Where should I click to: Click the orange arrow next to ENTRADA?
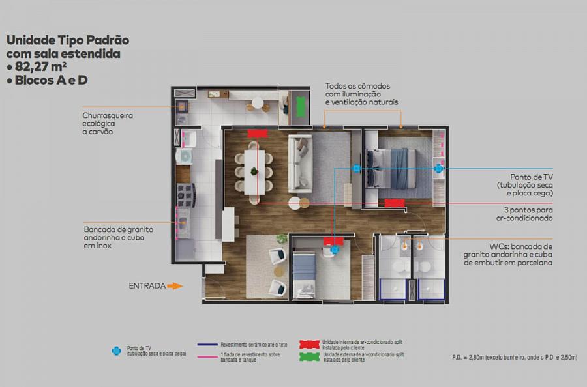pyautogui.click(x=174, y=286)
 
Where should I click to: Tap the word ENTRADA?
pyautogui.click(x=147, y=286)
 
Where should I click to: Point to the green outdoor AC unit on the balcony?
pyautogui.click(x=301, y=107)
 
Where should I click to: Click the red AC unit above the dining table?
pyautogui.click(x=258, y=134)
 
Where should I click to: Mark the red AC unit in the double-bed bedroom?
pyautogui.click(x=395, y=203)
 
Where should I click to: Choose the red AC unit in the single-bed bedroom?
pyautogui.click(x=333, y=241)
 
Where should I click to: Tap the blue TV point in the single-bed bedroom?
pyautogui.click(x=335, y=250)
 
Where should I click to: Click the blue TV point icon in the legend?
pyautogui.click(x=117, y=351)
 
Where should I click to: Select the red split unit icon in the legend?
pyautogui.click(x=309, y=345)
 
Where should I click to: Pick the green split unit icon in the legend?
pyautogui.click(x=309, y=357)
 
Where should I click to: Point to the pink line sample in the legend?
pyautogui.click(x=207, y=357)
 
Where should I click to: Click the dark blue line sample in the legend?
pyautogui.click(x=207, y=345)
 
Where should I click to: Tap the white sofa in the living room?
pyautogui.click(x=300, y=164)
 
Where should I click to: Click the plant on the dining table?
pyautogui.click(x=254, y=171)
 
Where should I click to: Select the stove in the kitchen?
pyautogui.click(x=186, y=195)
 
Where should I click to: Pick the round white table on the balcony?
pyautogui.click(x=258, y=102)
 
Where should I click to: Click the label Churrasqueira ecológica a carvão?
pyautogui.click(x=108, y=123)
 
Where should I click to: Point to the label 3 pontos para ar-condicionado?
pyautogui.click(x=524, y=214)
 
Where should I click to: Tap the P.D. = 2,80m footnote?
pyautogui.click(x=515, y=358)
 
